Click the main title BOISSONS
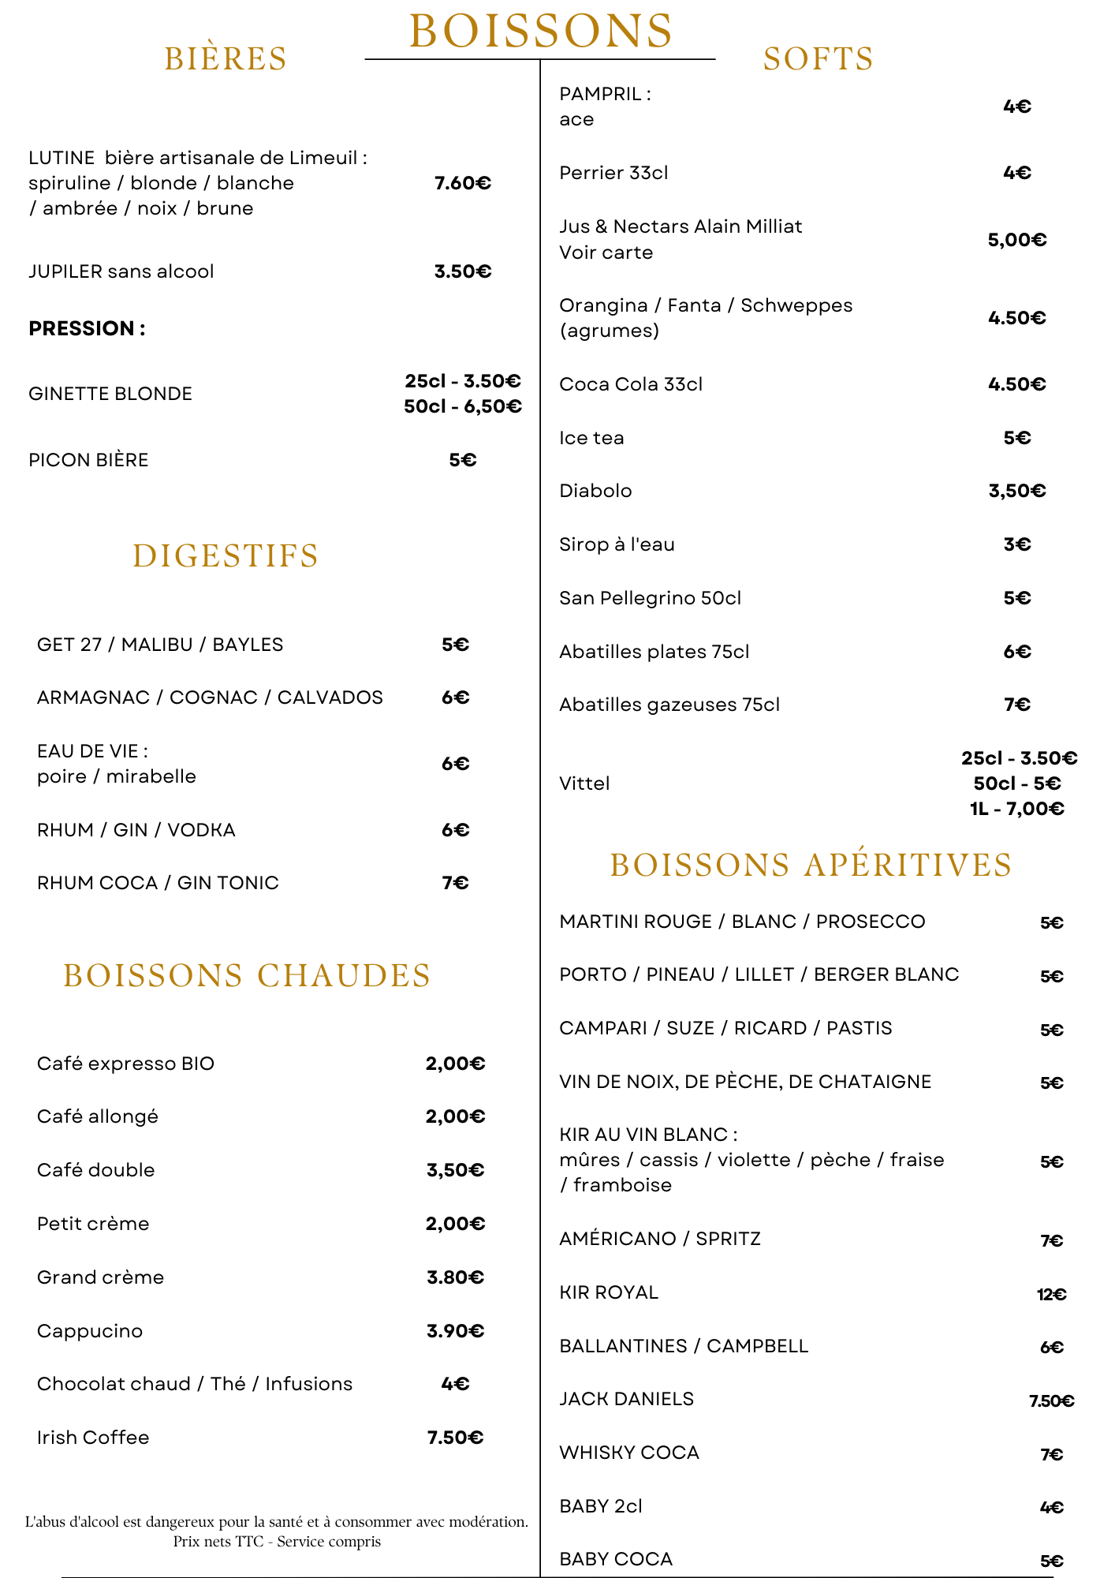(541, 32)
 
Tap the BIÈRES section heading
(226, 59)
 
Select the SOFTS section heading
(819, 59)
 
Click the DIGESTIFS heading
(226, 555)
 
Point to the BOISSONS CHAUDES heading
(247, 975)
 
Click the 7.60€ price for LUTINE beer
(463, 183)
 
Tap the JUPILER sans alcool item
(121, 271)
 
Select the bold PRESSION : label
(87, 328)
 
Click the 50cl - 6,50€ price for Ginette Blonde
(463, 406)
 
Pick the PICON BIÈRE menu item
(88, 460)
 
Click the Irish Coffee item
(93, 1438)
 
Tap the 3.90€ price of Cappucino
(456, 1331)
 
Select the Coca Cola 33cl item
(631, 384)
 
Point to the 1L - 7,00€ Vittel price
(1017, 809)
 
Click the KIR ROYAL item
(609, 1292)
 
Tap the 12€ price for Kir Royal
(1051, 1294)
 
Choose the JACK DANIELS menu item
(627, 1399)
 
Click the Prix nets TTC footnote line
(277, 1541)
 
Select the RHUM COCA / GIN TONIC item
(158, 883)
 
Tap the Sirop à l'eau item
(617, 544)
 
